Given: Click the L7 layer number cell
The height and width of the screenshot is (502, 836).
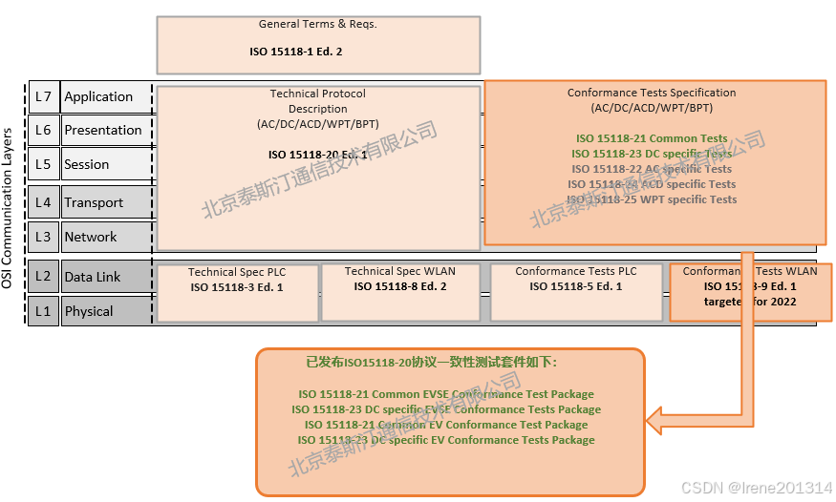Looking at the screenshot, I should click(43, 96).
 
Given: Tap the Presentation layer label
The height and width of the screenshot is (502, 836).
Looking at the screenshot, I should click(104, 130).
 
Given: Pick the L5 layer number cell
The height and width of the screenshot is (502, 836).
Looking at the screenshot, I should click(43, 164).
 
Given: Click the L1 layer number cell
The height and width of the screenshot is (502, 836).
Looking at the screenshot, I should click(43, 311).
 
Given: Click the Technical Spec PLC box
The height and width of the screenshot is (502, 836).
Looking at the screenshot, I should click(237, 292).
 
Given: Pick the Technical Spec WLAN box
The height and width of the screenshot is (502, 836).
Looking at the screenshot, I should click(400, 292).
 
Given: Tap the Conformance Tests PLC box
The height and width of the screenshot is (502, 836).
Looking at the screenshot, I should click(576, 292).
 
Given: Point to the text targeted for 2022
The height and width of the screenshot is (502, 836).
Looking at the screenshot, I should click(750, 302).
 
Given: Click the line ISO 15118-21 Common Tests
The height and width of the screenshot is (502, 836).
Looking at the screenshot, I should click(652, 138).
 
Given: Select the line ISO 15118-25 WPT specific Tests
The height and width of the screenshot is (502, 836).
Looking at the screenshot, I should click(652, 199).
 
